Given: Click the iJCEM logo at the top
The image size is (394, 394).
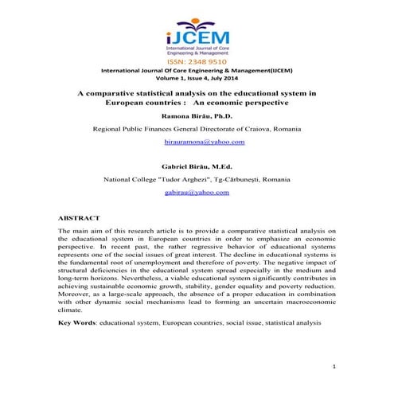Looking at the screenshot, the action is pyautogui.click(x=197, y=31).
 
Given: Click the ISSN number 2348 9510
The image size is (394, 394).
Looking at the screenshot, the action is pyautogui.click(x=197, y=59).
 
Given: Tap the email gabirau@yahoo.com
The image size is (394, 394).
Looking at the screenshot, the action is pyautogui.click(x=197, y=193).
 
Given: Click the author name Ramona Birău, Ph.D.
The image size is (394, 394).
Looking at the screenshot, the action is pyautogui.click(x=197, y=115).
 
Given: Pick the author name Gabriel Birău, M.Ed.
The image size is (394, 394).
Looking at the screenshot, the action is pyautogui.click(x=197, y=166).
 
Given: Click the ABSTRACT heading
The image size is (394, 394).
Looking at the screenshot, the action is pyautogui.click(x=80, y=217).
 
